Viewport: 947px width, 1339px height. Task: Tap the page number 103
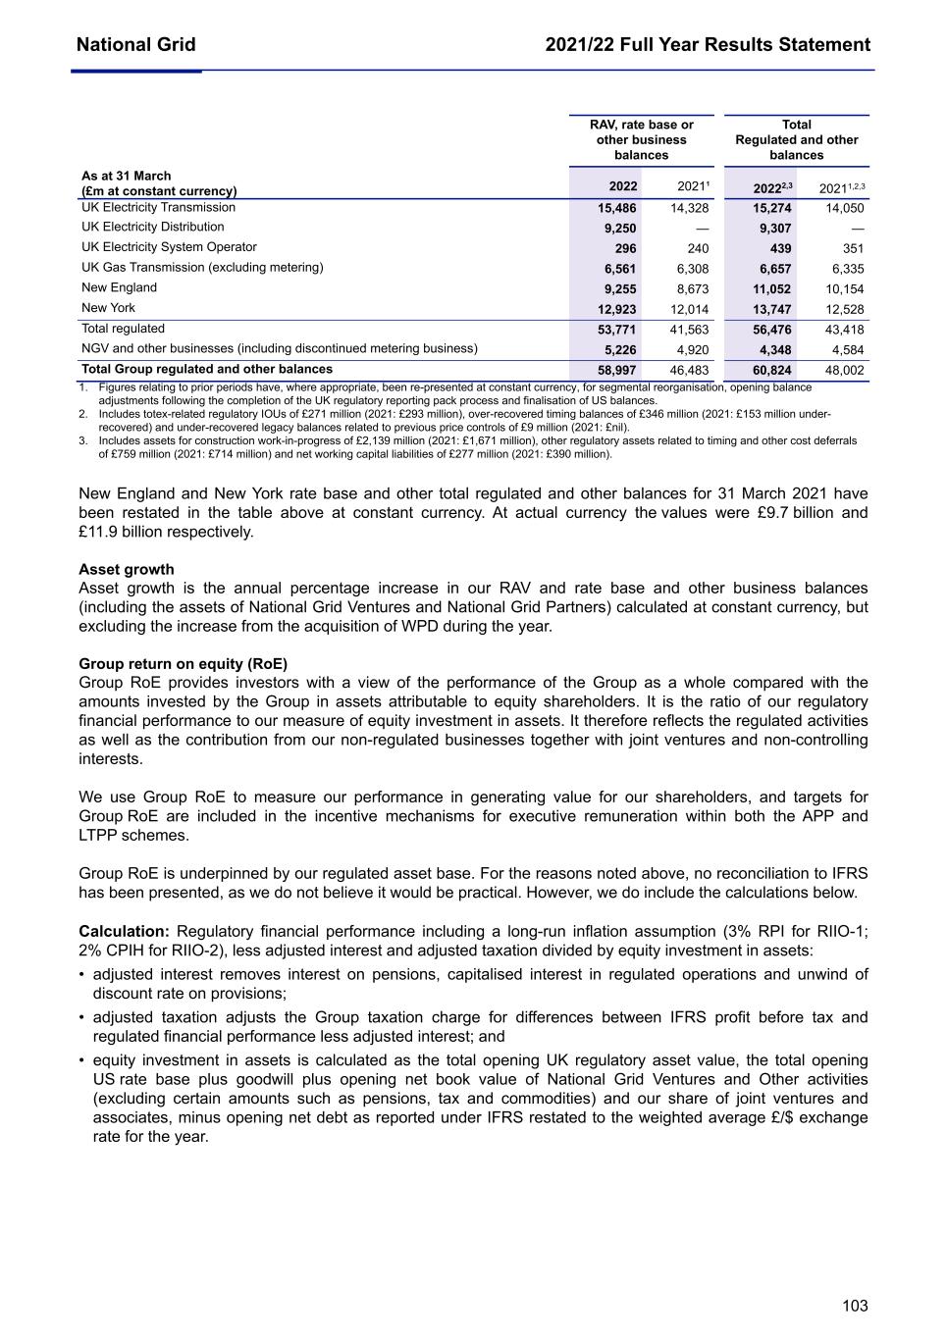tap(855, 1306)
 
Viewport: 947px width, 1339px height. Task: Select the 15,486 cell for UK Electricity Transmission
tap(617, 208)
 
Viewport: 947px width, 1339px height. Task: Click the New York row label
tap(109, 308)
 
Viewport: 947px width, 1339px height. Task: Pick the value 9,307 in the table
tap(775, 228)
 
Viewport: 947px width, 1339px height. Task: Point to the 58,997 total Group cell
tap(617, 370)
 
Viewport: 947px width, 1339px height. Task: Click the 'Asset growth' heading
tap(127, 569)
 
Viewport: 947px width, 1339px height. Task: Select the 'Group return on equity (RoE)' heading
tap(183, 664)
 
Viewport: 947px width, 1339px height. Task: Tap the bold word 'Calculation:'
tap(125, 932)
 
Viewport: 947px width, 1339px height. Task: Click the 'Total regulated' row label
tap(124, 329)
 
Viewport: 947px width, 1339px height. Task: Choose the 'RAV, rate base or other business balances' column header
tap(641, 140)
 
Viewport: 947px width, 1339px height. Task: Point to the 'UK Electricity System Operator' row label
tap(169, 247)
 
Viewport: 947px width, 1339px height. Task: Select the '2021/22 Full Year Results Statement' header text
tap(708, 45)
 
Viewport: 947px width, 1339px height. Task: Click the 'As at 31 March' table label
tap(127, 177)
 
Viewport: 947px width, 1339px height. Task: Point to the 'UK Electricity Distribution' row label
tap(153, 228)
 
